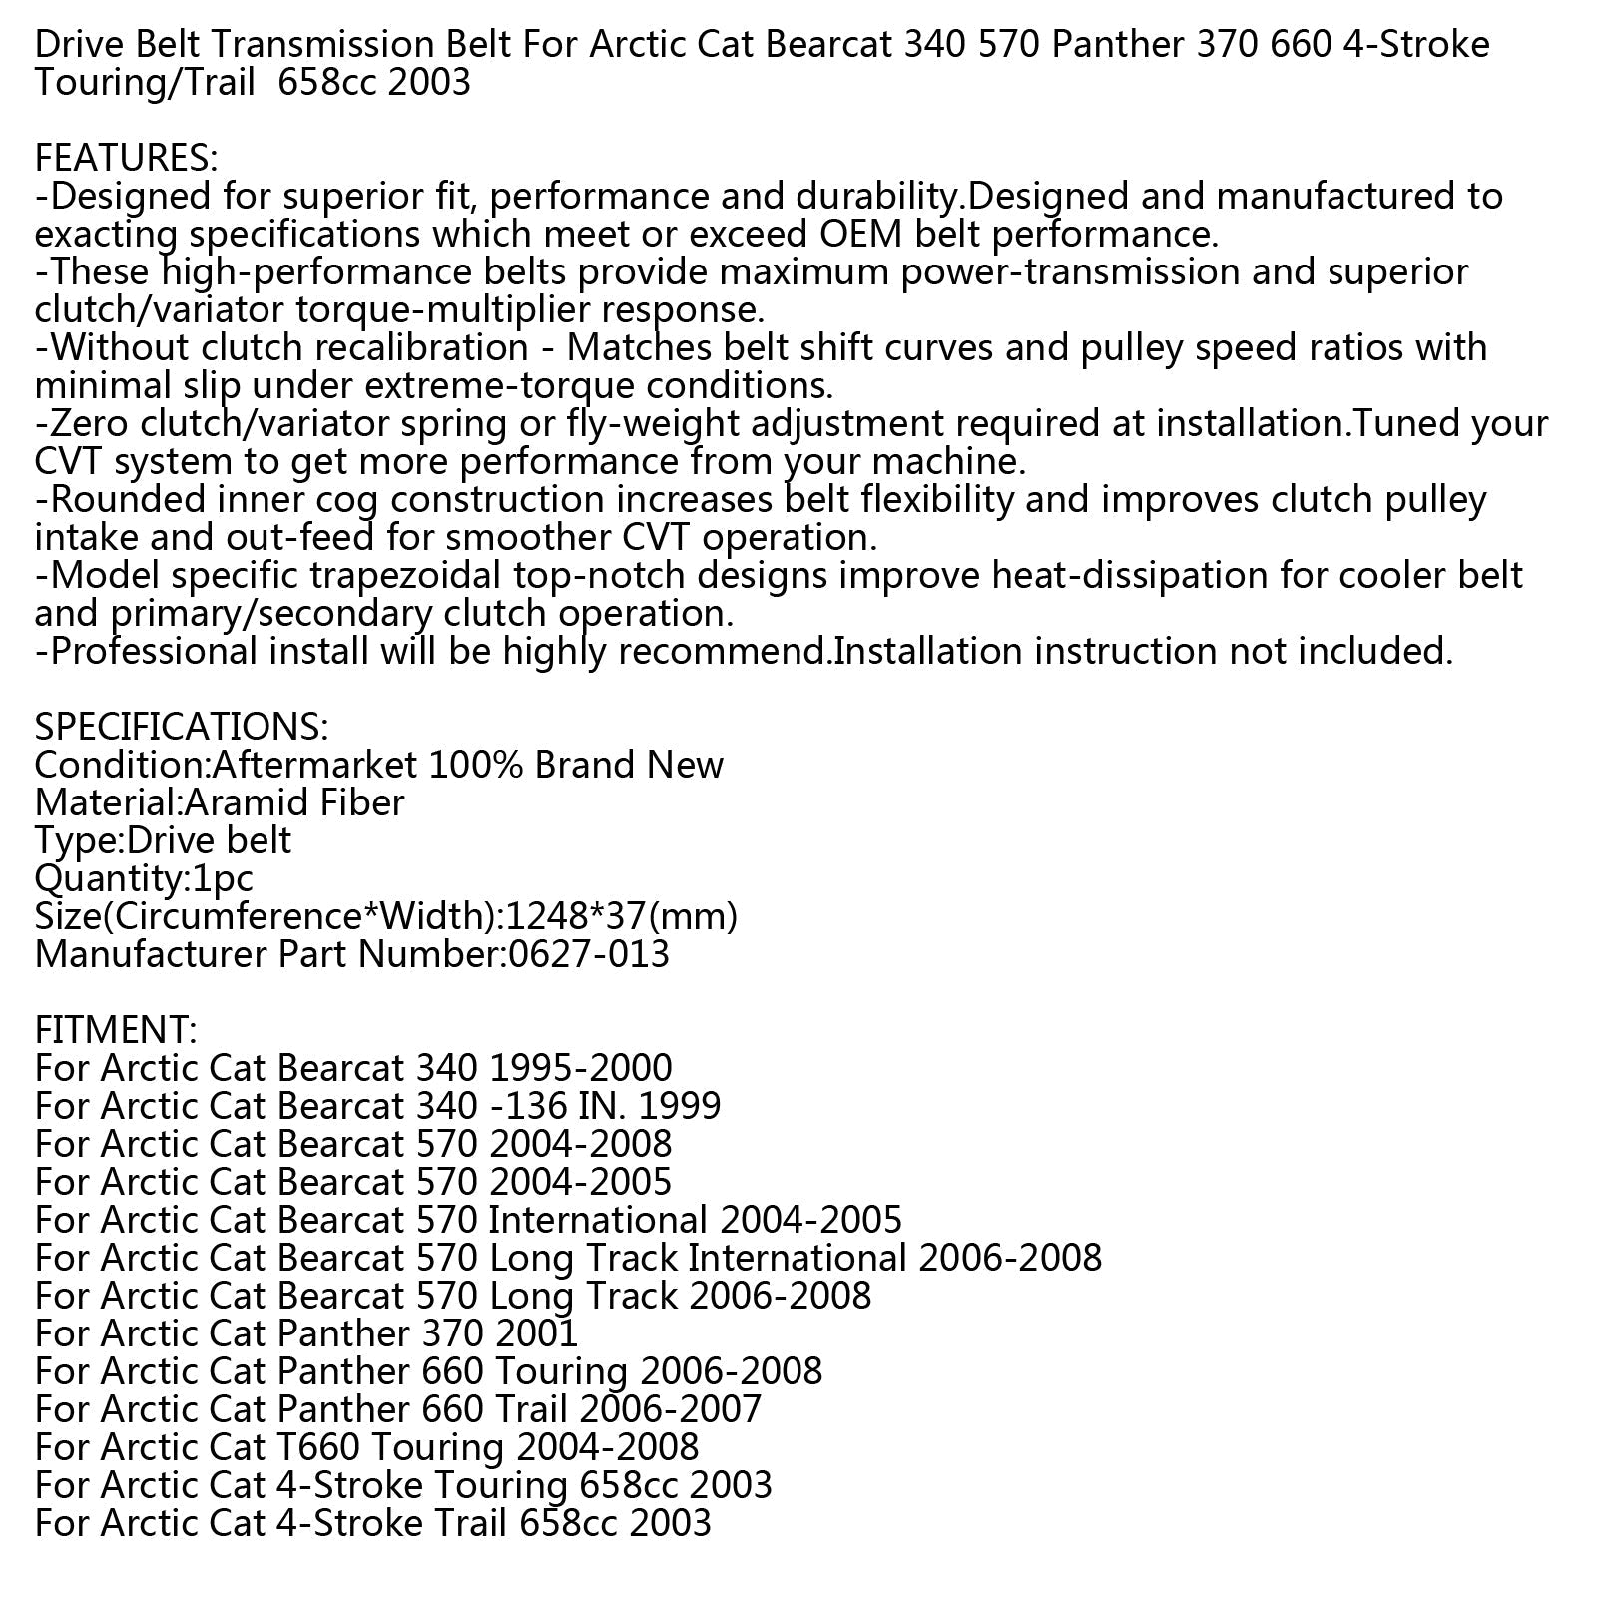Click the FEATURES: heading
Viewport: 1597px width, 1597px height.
pos(126,158)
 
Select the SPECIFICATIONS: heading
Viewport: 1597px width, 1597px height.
pos(181,726)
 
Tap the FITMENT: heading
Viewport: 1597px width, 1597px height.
pos(116,1029)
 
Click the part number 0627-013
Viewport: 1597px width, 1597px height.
pos(588,954)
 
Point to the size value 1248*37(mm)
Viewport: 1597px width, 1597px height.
pos(622,916)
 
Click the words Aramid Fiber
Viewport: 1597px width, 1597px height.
pos(295,802)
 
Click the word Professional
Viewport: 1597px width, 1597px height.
pos(153,652)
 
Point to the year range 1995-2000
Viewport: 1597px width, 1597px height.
pos(581,1068)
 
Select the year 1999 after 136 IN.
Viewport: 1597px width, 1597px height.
pos(679,1106)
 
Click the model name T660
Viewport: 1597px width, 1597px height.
pos(319,1447)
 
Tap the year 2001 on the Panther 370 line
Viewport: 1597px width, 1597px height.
pos(533,1333)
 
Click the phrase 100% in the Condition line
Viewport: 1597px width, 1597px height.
pos(475,765)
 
